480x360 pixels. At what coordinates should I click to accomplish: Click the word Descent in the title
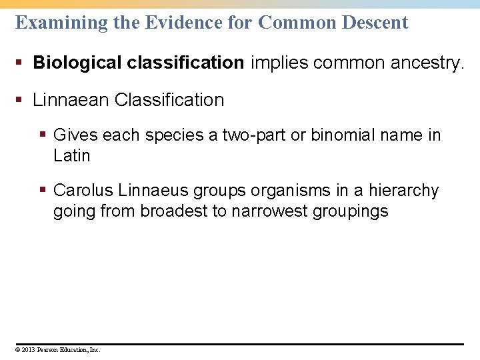pos(375,23)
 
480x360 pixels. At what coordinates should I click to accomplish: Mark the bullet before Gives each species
pos(44,135)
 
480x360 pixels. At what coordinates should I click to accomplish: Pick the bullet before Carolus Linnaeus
pos(44,191)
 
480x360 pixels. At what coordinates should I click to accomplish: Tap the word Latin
pos(71,155)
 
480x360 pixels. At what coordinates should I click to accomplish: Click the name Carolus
pos(83,190)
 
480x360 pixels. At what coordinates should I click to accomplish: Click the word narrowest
pos(270,211)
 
